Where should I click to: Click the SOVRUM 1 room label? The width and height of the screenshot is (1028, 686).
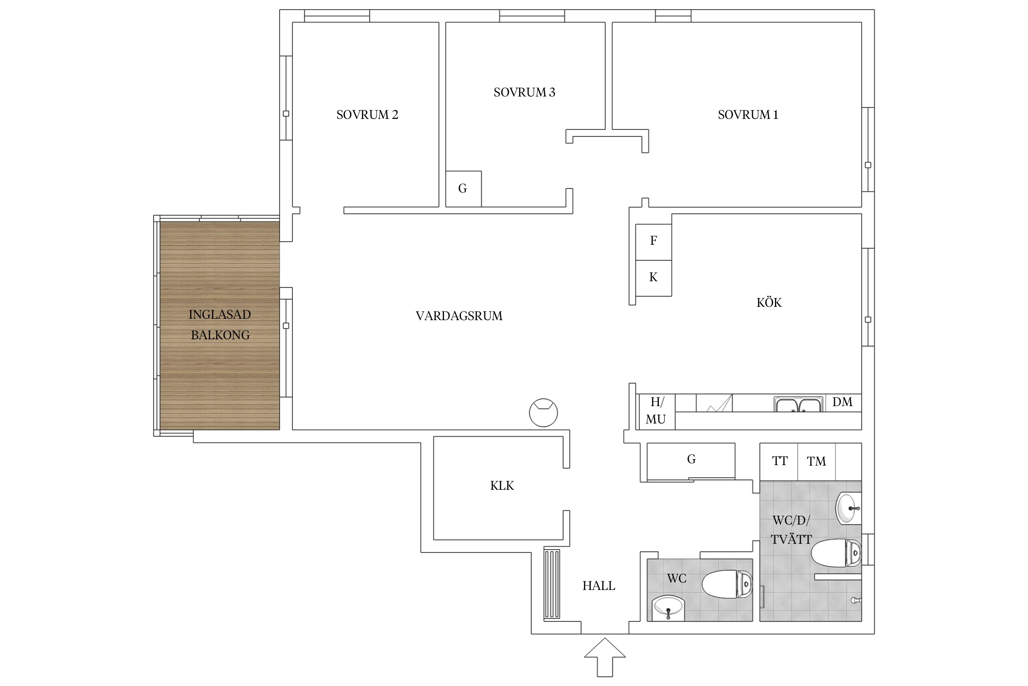(x=748, y=115)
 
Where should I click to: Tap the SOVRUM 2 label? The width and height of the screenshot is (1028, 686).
(x=367, y=115)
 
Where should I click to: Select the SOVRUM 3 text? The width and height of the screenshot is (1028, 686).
(x=525, y=92)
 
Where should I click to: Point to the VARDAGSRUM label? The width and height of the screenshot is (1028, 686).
(x=459, y=316)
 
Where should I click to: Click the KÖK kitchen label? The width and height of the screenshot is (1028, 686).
(x=769, y=302)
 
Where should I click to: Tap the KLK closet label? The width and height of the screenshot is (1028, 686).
(x=502, y=486)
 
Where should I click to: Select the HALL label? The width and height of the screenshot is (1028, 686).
(x=599, y=586)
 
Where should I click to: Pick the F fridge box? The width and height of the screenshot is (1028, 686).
(x=654, y=242)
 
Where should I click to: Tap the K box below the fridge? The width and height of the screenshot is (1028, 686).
(x=654, y=279)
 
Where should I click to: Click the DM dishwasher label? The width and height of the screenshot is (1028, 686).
(x=843, y=402)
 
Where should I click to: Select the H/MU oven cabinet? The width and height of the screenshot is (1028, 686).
(x=656, y=412)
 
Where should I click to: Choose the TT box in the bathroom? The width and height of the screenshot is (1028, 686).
(x=779, y=462)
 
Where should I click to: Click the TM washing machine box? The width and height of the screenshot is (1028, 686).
(x=816, y=462)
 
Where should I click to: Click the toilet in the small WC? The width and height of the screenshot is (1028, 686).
(x=727, y=584)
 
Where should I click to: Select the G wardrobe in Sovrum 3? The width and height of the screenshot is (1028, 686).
(x=463, y=189)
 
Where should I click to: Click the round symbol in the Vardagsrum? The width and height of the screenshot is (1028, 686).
(x=543, y=413)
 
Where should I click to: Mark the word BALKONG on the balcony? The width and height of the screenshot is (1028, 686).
(x=220, y=335)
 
